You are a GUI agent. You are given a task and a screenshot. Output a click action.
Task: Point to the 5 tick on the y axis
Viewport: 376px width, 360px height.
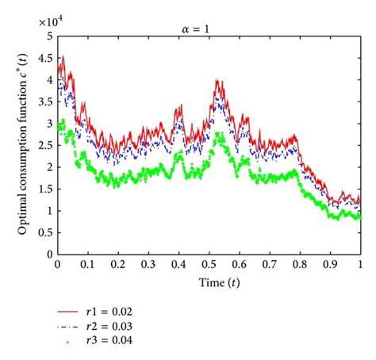coord(50,36)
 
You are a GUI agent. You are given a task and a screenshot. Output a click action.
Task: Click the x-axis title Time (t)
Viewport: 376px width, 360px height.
coord(209,281)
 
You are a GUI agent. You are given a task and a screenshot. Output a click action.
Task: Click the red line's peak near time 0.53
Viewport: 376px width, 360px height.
coord(217,80)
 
